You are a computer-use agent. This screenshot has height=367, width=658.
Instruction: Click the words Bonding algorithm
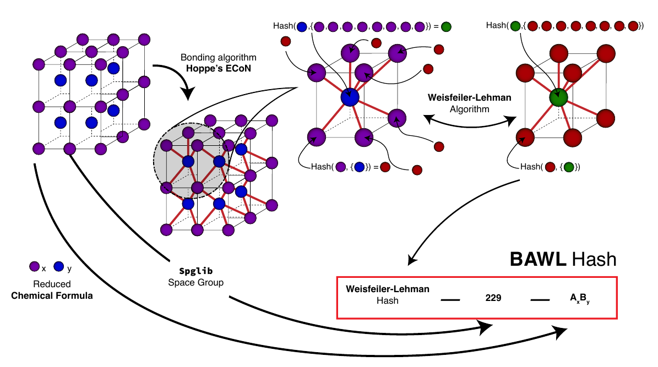(219, 57)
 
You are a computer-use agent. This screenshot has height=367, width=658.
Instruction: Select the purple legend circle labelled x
(34, 267)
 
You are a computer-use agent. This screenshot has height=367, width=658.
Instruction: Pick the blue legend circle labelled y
(59, 267)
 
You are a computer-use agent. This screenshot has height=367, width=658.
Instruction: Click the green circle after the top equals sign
(446, 26)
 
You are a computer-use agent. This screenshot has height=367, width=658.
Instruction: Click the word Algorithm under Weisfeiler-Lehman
(470, 109)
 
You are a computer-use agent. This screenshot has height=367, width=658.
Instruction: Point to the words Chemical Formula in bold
(52, 296)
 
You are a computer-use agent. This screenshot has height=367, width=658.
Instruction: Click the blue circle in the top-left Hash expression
(302, 26)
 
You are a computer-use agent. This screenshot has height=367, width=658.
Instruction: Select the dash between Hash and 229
(450, 300)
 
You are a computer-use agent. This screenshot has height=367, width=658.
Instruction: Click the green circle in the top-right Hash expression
(515, 26)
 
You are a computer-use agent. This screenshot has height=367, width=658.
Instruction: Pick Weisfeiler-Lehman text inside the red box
(387, 289)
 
